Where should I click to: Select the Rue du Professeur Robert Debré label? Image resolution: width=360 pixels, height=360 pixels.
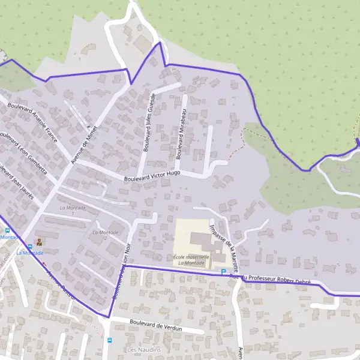coord(269,277)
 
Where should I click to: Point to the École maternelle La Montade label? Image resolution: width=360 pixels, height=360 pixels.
coord(191,260)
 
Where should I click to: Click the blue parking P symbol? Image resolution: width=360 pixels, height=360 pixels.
coord(223,272)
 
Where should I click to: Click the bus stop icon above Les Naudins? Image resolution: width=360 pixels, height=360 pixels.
coord(109,340)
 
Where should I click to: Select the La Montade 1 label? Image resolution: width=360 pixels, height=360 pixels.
coord(73,209)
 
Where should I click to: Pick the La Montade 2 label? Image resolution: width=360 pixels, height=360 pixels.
coord(100,234)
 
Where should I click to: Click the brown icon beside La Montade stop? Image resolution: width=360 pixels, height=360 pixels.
coord(40,242)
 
